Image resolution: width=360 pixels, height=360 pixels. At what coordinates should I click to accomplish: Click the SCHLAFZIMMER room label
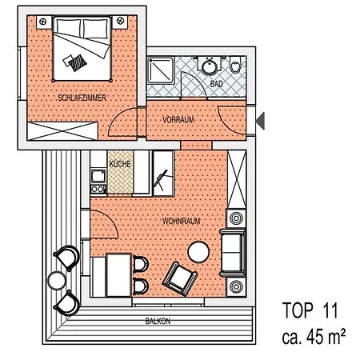(82, 98)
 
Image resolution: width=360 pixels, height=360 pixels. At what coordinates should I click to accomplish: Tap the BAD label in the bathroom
(216, 84)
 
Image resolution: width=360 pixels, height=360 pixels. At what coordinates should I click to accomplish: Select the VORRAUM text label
(178, 119)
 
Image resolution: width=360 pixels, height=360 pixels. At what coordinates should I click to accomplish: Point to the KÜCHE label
(120, 164)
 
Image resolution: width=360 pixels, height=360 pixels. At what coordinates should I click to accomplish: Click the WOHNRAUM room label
(182, 222)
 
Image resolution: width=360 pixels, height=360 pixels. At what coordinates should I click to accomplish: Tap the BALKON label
(158, 321)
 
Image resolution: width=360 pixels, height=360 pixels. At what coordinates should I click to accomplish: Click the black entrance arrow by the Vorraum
(260, 121)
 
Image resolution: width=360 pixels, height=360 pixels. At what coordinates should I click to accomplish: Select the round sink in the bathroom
(210, 66)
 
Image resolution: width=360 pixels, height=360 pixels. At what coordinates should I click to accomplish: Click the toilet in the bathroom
(235, 65)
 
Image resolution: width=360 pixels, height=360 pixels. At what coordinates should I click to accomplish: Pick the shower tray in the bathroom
(161, 70)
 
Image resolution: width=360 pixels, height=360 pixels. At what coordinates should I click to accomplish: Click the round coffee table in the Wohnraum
(198, 252)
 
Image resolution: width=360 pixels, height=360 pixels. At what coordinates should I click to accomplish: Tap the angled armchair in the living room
(180, 278)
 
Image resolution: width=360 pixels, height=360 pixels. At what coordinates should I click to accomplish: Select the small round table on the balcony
(57, 280)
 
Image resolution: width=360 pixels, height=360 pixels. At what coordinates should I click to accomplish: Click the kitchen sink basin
(98, 176)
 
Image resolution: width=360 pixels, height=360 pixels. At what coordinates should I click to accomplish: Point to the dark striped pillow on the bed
(78, 63)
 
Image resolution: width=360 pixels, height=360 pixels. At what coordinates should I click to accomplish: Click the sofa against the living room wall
(233, 253)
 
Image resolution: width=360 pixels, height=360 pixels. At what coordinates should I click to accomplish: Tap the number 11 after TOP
(330, 310)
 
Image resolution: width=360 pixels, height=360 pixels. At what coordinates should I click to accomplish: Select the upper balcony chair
(67, 258)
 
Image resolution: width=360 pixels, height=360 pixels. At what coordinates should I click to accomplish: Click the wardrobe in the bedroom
(62, 131)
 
